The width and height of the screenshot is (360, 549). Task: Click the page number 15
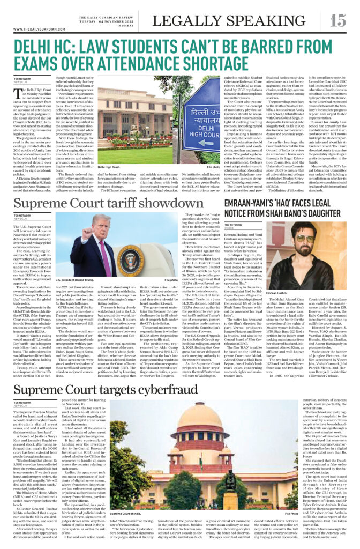pyautogui.click(x=337, y=20)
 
